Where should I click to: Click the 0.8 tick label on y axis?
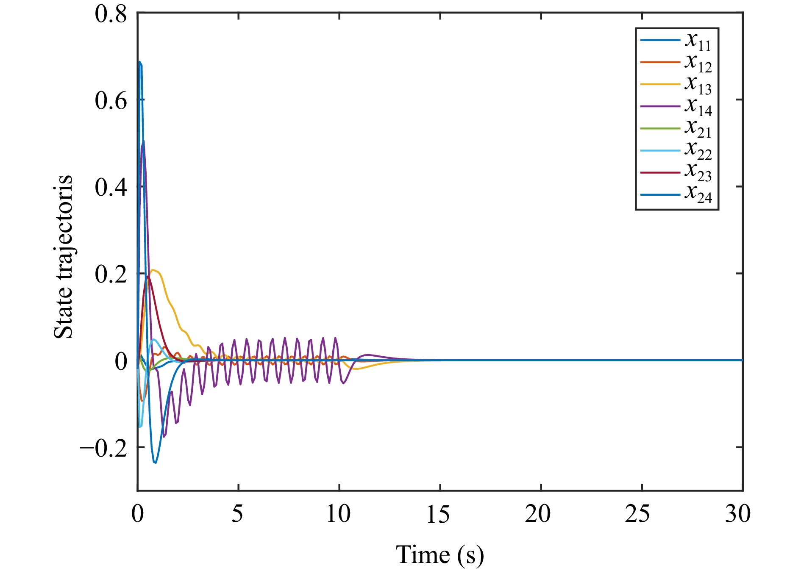point(111,14)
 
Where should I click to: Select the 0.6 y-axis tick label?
point(111,101)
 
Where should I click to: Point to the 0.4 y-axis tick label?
point(111,188)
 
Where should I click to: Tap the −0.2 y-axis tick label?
point(103,448)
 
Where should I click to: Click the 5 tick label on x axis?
point(238,514)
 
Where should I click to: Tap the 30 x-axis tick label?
point(738,514)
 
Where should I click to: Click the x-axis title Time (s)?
point(440,555)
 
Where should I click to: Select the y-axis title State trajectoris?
point(64,257)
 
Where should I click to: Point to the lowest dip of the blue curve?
point(155,463)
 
